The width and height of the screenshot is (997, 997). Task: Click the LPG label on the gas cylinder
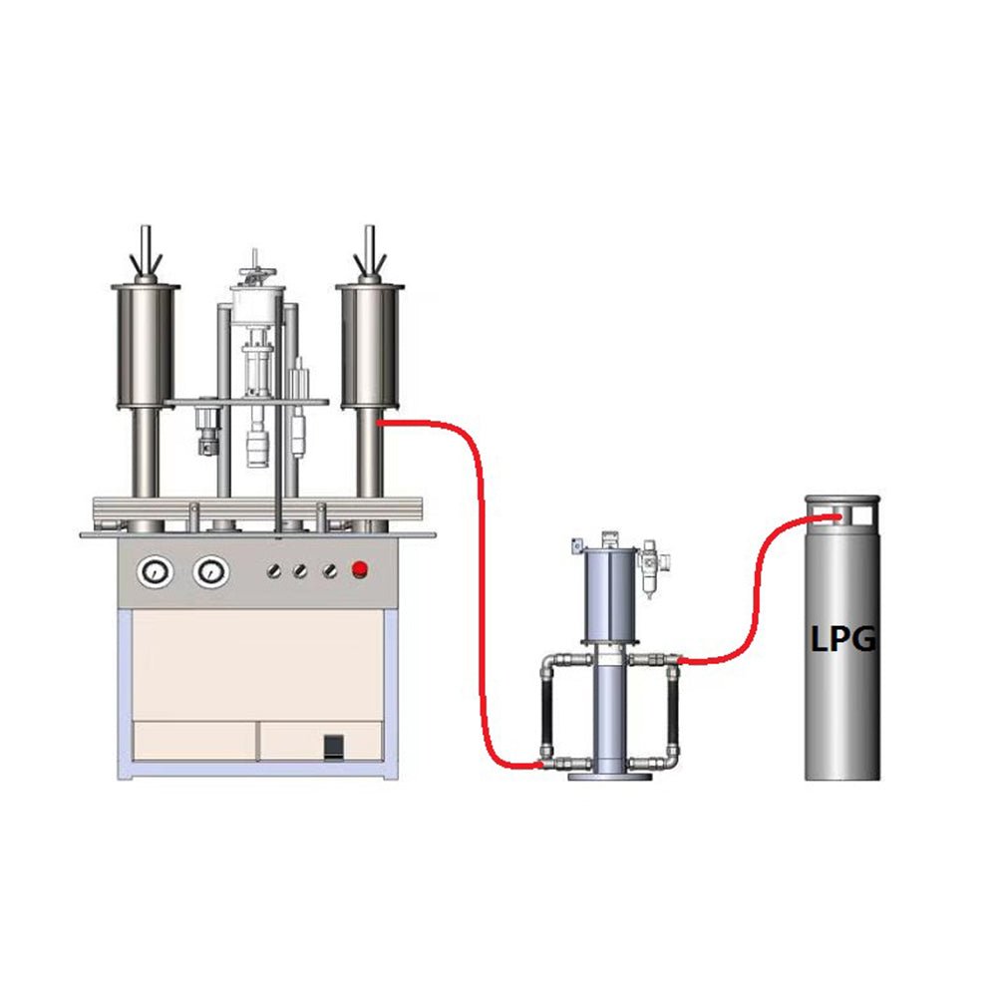(843, 638)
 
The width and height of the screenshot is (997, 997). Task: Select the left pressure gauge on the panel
(156, 572)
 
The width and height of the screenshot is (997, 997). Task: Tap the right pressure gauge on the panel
(211, 572)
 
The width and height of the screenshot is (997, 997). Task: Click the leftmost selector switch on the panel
(274, 571)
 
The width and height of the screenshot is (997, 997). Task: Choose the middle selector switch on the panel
(300, 571)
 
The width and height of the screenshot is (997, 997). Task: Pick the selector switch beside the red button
(329, 570)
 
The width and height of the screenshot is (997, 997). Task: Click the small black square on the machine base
(334, 747)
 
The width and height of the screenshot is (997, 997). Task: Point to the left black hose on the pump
(546, 711)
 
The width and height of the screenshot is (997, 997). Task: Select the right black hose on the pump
(673, 711)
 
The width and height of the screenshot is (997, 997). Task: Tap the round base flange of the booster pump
(610, 776)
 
